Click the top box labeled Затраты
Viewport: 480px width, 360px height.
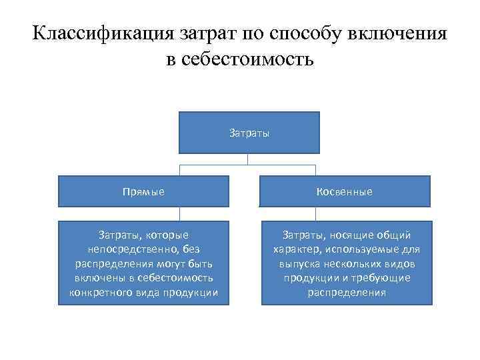point(249,133)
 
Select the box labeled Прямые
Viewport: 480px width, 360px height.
point(144,191)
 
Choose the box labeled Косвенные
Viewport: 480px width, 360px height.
point(346,191)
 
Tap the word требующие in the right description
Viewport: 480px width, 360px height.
point(383,277)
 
